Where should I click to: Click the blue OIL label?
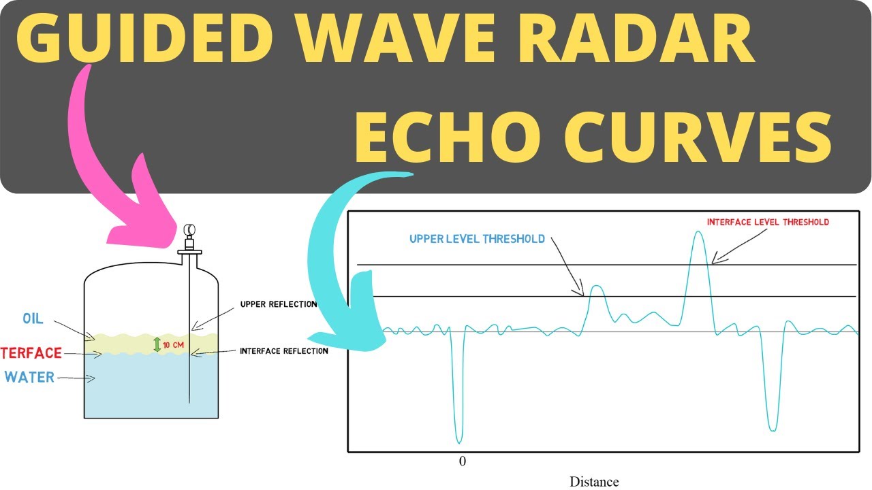(x=33, y=318)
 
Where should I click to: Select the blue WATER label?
(x=29, y=377)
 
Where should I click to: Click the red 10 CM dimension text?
(x=174, y=345)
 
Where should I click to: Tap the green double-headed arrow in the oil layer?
(x=157, y=344)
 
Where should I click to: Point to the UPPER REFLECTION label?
(x=278, y=304)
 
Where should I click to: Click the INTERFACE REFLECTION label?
(x=283, y=351)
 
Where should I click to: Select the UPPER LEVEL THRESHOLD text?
(x=477, y=239)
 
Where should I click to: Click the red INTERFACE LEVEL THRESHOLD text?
(x=768, y=222)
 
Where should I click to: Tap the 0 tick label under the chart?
(x=463, y=461)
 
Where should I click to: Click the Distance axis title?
(x=594, y=482)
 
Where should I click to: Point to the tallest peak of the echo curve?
(x=697, y=233)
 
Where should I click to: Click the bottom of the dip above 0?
(x=458, y=442)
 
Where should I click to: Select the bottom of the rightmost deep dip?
(x=772, y=429)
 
